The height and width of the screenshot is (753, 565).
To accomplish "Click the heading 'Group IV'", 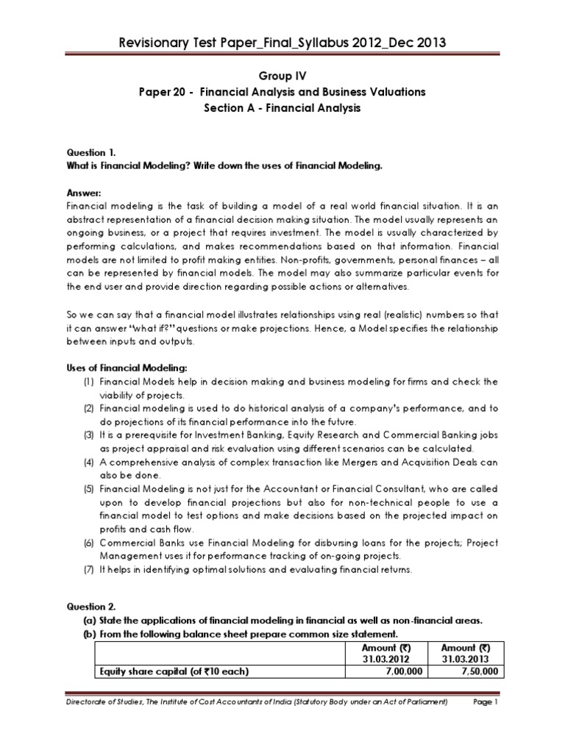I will (x=282, y=75).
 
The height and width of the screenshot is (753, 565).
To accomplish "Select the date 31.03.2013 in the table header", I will (x=461, y=660).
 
